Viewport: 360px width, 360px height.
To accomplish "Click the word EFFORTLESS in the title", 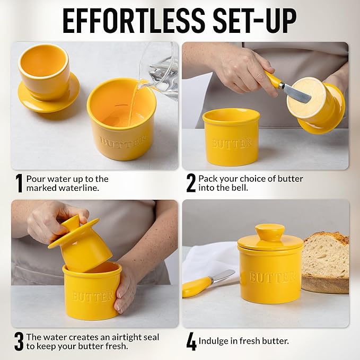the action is pyautogui.click(x=134, y=21).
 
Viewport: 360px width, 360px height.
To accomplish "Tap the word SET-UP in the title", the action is pyautogui.click(x=255, y=21).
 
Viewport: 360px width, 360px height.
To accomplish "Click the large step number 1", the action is pyautogui.click(x=19, y=183).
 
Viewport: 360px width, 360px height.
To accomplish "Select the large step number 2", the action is pyautogui.click(x=191, y=183).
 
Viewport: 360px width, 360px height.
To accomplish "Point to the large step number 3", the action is pyautogui.click(x=19, y=341).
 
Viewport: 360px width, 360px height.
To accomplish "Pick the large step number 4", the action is pyautogui.click(x=191, y=341).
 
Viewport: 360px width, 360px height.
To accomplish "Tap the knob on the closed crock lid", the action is pyautogui.click(x=270, y=232).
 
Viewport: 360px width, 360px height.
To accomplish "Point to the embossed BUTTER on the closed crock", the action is pyautogui.click(x=273, y=277).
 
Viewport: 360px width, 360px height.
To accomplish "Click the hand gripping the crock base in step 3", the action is pyautogui.click(x=125, y=291).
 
